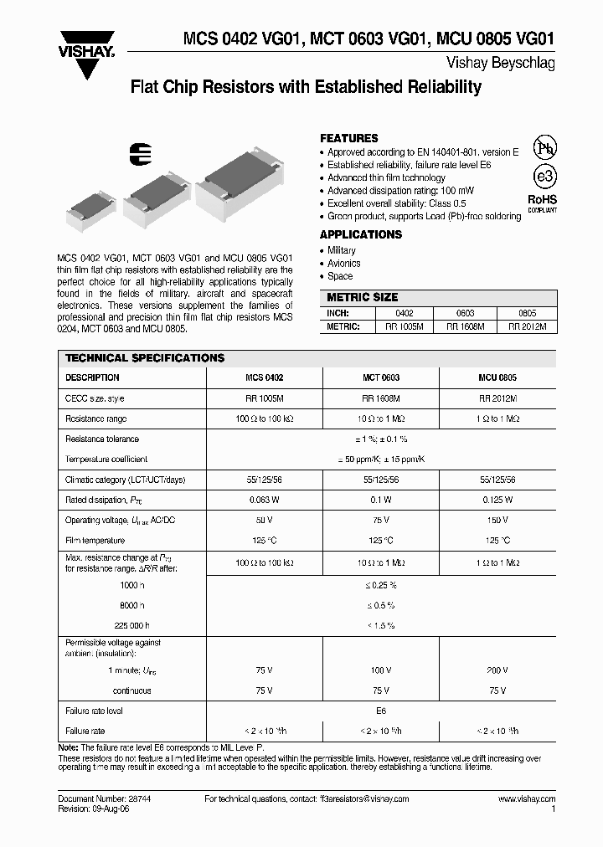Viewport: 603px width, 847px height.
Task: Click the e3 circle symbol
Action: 544,177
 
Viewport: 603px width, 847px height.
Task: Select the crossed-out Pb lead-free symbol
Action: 544,147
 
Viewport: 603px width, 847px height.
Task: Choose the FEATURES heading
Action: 348,138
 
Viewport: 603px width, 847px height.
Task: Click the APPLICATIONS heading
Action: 360,235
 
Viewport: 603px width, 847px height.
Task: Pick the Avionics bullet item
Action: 343,264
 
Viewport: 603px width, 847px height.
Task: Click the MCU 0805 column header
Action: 497,377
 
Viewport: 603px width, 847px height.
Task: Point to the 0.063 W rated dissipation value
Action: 264,500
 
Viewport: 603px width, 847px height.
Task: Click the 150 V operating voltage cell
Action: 497,521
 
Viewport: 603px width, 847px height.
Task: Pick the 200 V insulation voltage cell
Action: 497,671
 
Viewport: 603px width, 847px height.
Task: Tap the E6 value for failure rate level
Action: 380,711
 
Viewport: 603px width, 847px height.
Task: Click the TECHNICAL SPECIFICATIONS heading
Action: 145,358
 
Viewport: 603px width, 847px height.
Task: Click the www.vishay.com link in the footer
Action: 526,799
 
